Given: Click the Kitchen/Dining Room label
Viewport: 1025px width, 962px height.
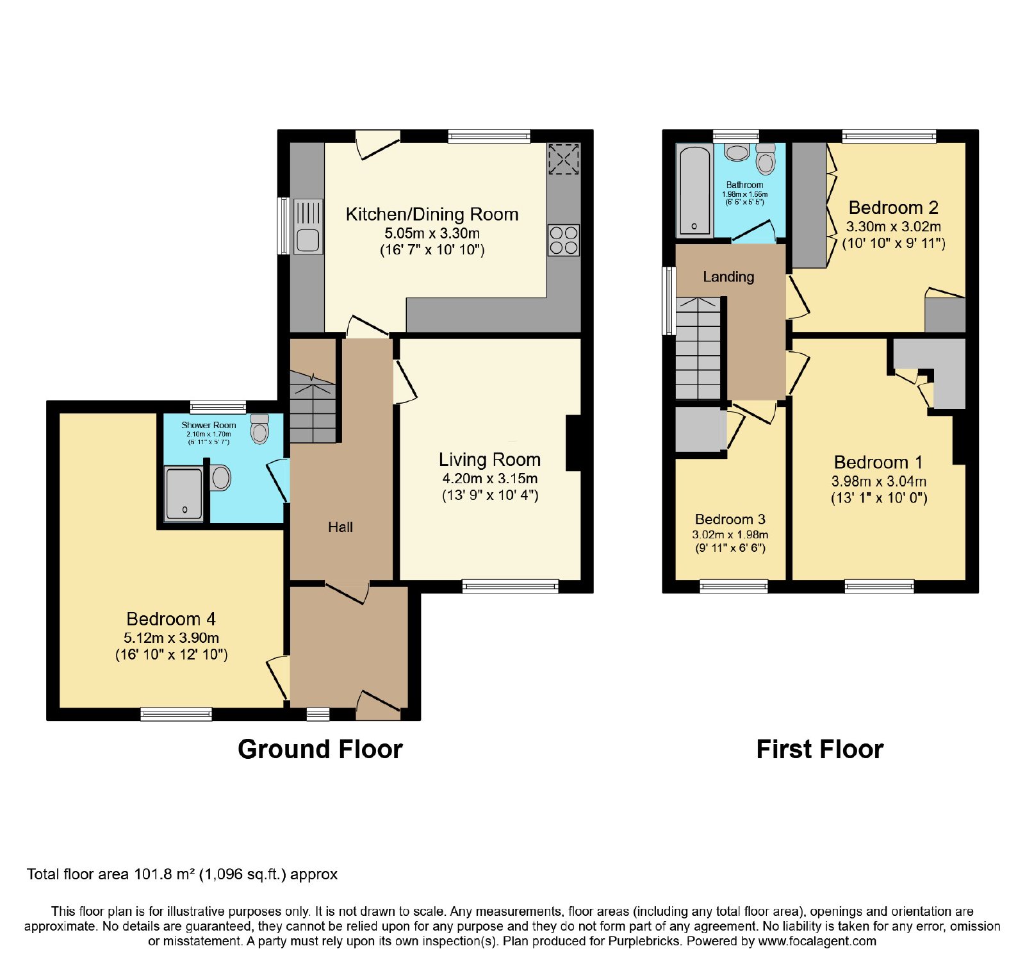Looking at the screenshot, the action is pos(432,214).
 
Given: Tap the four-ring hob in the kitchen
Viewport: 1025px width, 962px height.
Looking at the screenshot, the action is pos(564,240).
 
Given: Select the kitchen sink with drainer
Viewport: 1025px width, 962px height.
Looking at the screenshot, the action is pos(308,226).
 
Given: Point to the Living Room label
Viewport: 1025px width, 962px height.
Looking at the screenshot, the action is pos(489,460).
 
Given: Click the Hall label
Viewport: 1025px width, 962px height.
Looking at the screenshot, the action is pos(340,527).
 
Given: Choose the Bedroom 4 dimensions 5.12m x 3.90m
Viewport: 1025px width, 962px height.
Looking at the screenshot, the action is pos(171,638).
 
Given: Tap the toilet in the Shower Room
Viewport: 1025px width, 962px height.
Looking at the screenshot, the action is pos(259,429).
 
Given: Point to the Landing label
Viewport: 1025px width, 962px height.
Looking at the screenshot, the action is pos(728,277).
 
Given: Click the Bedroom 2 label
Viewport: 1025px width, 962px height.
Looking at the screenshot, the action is pos(893,208).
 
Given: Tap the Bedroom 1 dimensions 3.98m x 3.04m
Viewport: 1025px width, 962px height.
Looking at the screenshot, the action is pos(879,481).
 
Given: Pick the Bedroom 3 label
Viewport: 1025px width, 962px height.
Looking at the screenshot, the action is pos(730,519).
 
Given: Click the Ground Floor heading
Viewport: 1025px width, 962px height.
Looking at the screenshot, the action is pos(320,749).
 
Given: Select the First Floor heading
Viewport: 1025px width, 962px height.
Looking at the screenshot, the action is pos(820,749).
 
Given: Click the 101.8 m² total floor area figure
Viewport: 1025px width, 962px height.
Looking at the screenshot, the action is pos(163,874).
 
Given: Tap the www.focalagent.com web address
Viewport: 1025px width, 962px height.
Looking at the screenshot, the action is pos(817,941).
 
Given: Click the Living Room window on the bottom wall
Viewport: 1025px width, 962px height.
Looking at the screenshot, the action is pos(511,586).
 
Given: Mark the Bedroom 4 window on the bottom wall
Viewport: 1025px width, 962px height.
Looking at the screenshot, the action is pos(176,714).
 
